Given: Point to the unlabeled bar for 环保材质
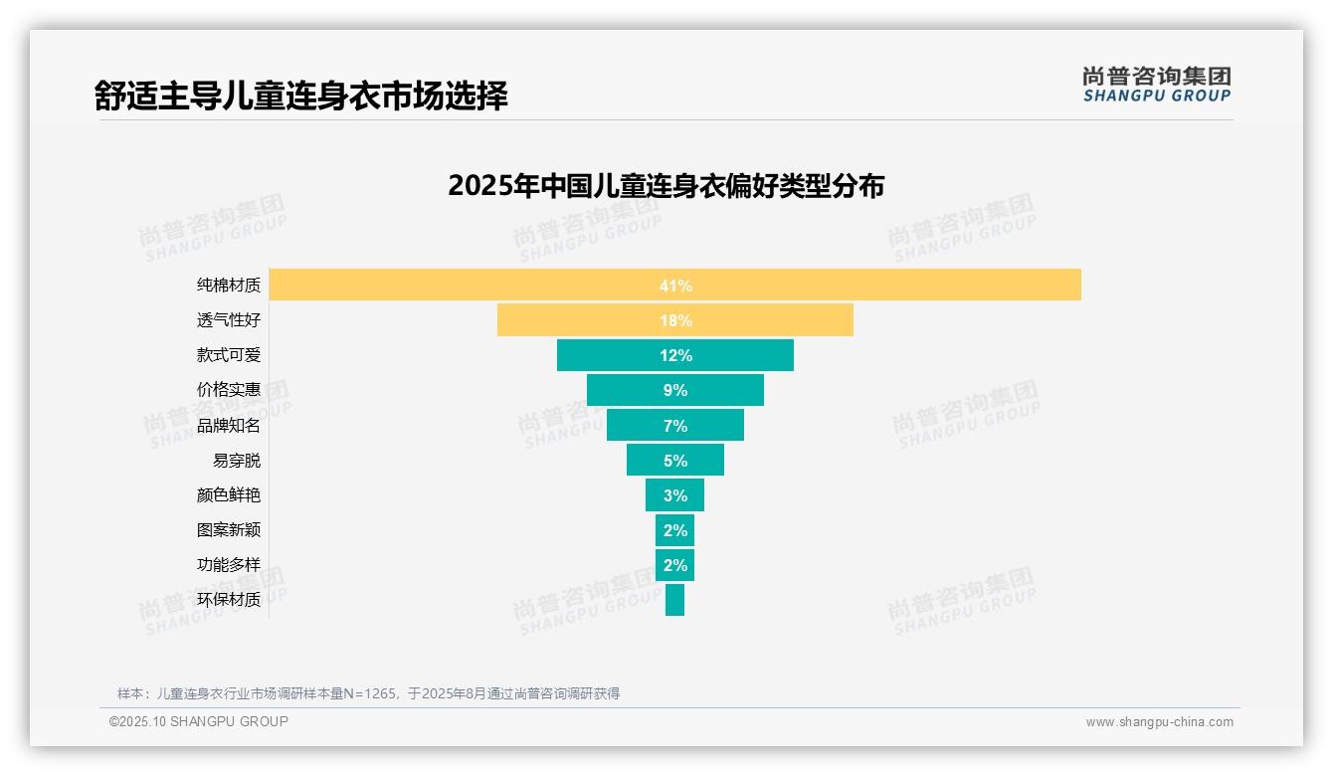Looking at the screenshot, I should (674, 600).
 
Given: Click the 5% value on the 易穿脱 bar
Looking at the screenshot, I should (675, 461).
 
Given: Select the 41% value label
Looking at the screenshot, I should (675, 286).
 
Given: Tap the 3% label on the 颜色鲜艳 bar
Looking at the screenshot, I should (675, 495).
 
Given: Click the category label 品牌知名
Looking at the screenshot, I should (228, 426).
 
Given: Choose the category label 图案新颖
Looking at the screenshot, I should (228, 530).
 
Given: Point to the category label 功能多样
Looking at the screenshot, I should (228, 565).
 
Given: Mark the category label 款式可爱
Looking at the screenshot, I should (228, 355).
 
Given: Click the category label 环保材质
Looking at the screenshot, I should (228, 600).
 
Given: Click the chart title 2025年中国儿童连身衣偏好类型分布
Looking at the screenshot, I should (666, 186).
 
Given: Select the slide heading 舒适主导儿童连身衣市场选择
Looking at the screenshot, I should (301, 96).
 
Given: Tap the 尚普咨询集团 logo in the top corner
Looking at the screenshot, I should (1156, 85).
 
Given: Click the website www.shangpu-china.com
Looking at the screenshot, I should (1159, 722).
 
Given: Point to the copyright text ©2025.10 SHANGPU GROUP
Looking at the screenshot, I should (199, 721).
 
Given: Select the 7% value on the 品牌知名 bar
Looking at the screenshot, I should (675, 426).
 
